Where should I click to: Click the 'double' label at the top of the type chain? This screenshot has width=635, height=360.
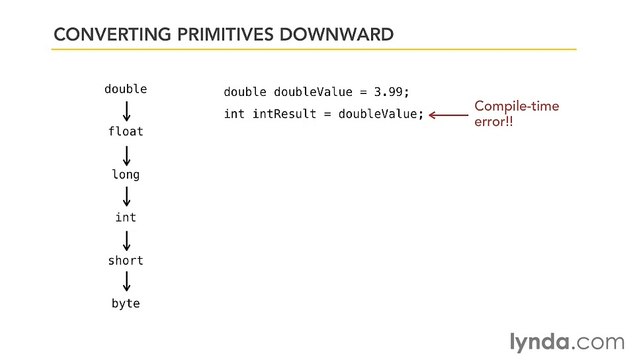[126, 89]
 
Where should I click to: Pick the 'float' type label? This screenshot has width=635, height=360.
[126, 132]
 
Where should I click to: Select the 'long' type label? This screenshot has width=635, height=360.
[126, 175]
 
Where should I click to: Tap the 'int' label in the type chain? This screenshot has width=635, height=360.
[126, 217]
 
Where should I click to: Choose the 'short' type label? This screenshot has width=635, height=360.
[126, 260]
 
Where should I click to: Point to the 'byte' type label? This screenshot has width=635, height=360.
[126, 303]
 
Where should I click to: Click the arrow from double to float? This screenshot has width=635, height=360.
[126, 110]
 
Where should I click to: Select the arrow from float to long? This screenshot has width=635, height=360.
[126, 153]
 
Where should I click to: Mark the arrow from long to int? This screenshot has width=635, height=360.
[126, 196]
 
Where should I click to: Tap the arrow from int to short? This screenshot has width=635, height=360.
[126, 239]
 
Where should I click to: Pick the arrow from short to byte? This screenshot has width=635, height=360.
[126, 282]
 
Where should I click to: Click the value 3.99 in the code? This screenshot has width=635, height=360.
[390, 92]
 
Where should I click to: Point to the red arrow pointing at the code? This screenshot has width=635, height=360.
[448, 115]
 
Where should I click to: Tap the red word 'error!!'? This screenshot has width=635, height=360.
[493, 123]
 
